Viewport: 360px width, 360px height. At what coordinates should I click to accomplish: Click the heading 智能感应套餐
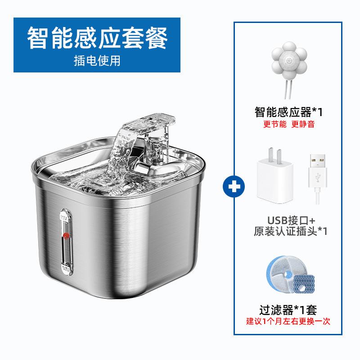click(97, 38)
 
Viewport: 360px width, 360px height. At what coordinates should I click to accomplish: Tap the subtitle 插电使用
click(97, 60)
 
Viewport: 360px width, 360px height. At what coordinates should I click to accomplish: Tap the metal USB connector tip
click(316, 164)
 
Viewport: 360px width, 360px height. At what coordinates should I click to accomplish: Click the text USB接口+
click(292, 220)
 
